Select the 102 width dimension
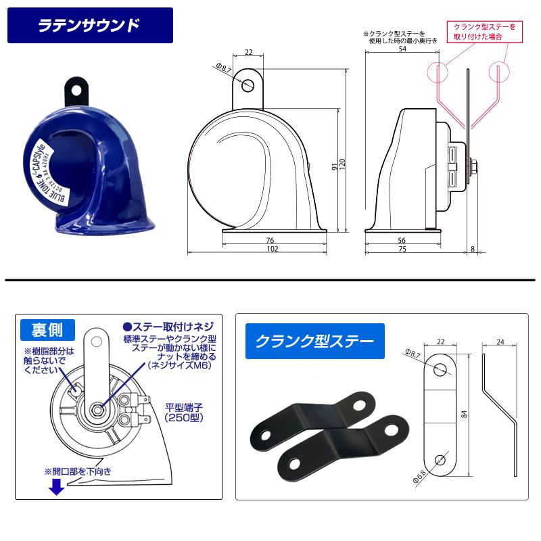coord(273,249)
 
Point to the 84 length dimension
coord(465,414)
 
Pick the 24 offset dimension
coord(501,343)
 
